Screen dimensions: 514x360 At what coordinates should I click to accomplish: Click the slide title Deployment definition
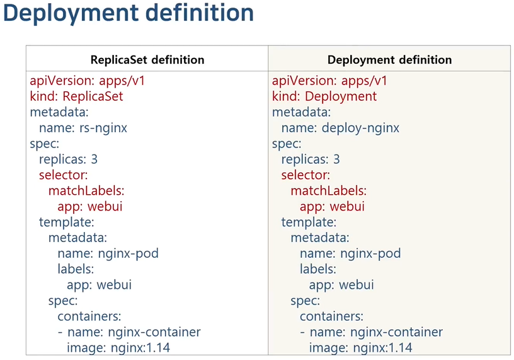(128, 14)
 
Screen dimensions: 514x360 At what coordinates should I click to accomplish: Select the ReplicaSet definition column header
(147, 60)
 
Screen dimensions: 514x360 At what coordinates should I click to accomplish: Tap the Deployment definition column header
(389, 60)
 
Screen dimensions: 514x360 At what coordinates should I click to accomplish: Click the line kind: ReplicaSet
(76, 96)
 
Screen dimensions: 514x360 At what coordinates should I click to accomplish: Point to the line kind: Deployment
(324, 96)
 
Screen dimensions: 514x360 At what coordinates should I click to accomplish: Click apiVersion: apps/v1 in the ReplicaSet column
(88, 81)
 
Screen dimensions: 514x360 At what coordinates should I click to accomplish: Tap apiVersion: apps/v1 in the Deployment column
(330, 81)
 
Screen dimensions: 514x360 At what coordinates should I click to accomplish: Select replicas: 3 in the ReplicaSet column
(68, 160)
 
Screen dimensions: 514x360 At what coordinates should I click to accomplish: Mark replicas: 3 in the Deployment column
(311, 160)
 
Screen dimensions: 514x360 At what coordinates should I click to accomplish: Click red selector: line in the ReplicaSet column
(63, 175)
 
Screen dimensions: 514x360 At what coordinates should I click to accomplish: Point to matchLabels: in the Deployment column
(328, 191)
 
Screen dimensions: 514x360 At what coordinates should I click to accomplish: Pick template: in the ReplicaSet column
(66, 223)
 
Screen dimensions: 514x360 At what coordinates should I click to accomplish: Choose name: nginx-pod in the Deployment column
(350, 254)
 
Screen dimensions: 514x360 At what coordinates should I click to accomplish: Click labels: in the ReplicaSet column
(76, 269)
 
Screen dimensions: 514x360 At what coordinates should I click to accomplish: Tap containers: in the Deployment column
(331, 316)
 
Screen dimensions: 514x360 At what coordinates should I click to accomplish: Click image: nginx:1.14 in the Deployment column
(360, 347)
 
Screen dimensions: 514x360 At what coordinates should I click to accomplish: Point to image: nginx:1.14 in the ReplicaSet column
(118, 347)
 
